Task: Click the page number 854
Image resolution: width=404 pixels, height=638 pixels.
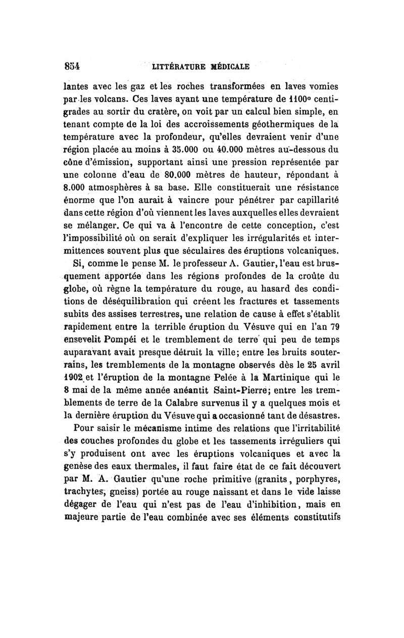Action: tap(73, 66)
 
